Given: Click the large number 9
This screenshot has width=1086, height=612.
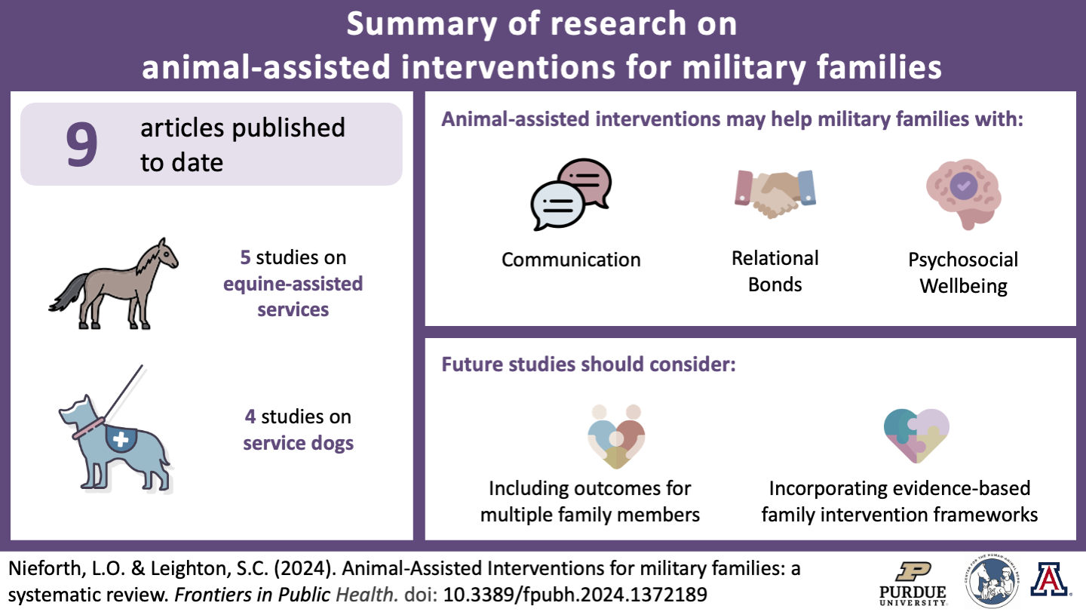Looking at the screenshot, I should [x=82, y=144].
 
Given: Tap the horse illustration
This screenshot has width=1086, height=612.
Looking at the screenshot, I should [x=113, y=283].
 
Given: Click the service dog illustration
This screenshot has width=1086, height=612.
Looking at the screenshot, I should [x=117, y=441].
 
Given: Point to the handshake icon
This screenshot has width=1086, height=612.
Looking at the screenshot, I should [x=775, y=192].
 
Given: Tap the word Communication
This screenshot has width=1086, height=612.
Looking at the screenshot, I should [x=571, y=260].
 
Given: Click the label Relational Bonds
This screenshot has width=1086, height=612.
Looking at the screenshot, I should [x=775, y=271].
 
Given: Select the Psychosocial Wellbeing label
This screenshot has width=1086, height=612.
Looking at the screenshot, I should [x=963, y=273].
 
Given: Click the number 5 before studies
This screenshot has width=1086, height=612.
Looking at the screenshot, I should [x=245, y=257].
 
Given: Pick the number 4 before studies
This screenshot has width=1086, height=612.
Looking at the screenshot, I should [x=250, y=417].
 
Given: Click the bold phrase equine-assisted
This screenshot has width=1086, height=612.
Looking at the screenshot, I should [x=293, y=284].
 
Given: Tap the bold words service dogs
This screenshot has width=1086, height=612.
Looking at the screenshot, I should [x=298, y=442].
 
